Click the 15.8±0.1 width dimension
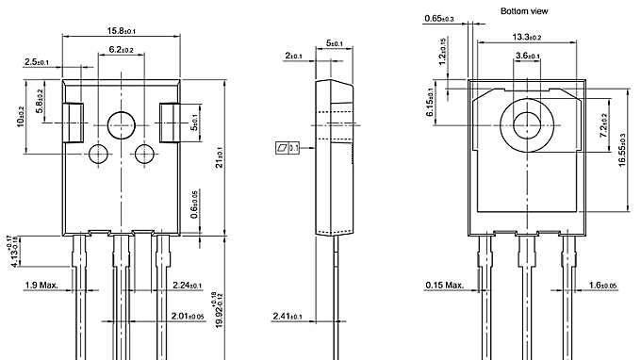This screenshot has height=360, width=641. (x=120, y=31)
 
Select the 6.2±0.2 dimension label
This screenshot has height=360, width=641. (x=121, y=49)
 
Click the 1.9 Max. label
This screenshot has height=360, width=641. (x=41, y=285)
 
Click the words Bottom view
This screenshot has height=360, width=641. (x=526, y=10)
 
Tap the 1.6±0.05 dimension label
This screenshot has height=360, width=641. (x=602, y=285)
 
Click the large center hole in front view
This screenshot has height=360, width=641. (x=121, y=123)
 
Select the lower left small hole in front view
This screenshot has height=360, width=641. (x=98, y=154)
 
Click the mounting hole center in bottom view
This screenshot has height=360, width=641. (x=527, y=123)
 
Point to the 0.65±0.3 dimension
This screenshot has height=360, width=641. (x=438, y=18)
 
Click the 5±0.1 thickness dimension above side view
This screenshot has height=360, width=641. (x=334, y=42)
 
